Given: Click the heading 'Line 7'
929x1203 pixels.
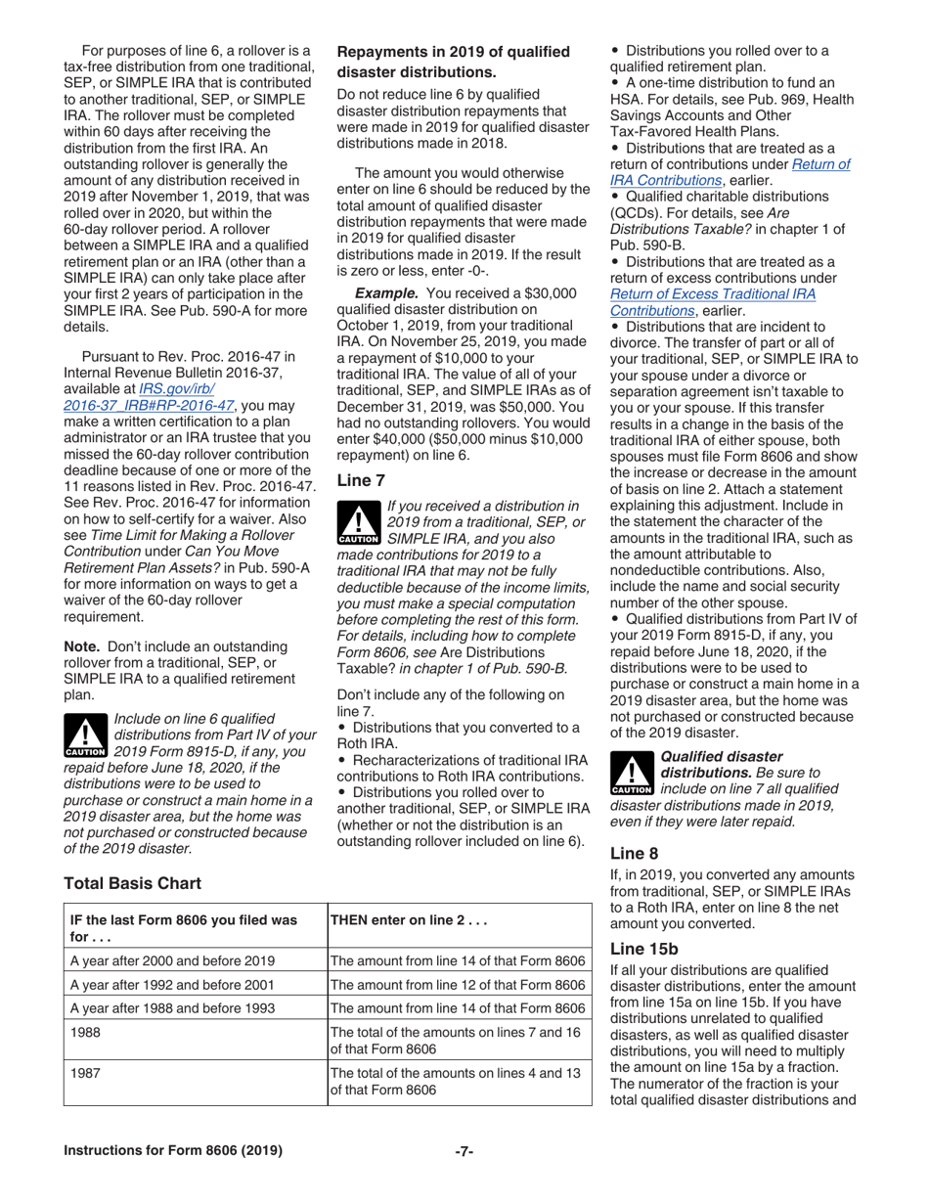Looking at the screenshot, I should pos(359,480).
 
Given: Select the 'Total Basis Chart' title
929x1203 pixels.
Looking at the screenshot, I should pos(132,883).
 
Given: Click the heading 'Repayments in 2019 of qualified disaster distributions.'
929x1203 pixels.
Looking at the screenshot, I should pos(453,61).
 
